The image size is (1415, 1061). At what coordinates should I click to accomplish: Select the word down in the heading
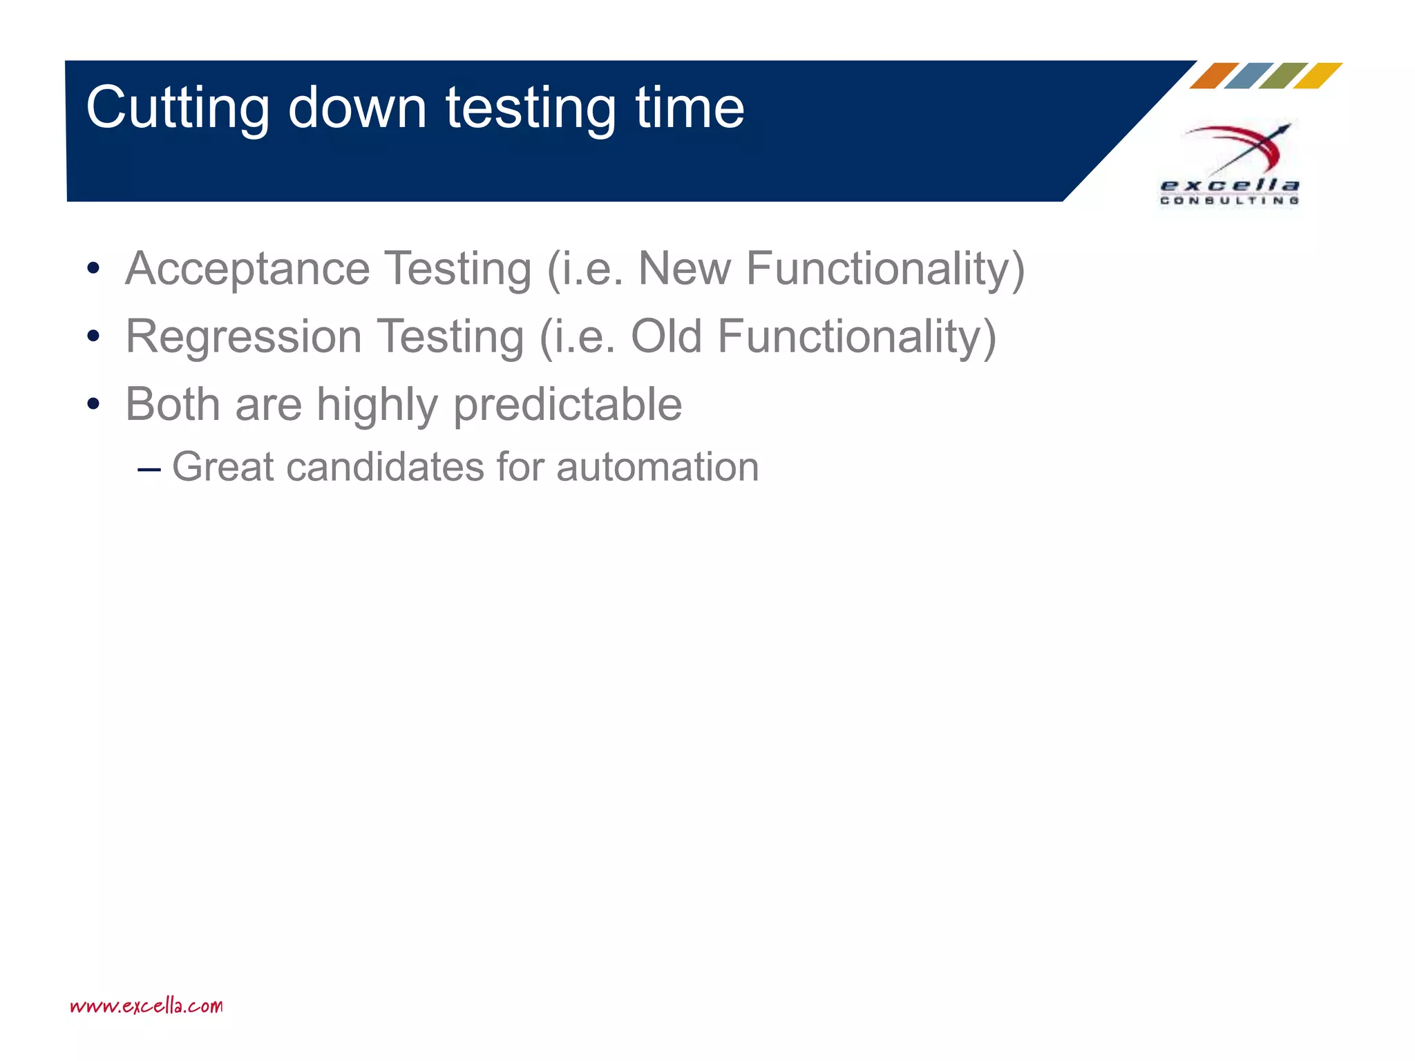click(x=357, y=108)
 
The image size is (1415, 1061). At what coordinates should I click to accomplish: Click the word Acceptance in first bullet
click(x=247, y=269)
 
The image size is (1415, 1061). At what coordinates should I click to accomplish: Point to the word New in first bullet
click(x=684, y=268)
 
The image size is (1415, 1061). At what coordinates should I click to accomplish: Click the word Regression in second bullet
click(x=243, y=337)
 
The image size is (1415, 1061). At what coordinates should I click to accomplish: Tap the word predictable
click(x=567, y=405)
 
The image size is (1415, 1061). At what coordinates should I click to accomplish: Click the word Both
click(x=172, y=404)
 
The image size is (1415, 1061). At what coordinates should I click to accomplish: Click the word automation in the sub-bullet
click(x=657, y=468)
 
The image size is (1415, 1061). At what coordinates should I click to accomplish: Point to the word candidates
click(x=385, y=468)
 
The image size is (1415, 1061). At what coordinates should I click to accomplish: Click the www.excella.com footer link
click(x=146, y=1006)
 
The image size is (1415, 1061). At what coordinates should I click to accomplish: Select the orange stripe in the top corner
click(x=1213, y=76)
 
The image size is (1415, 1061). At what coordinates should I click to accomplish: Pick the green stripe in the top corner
click(x=1282, y=76)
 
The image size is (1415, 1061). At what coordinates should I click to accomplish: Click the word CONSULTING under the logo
click(x=1229, y=201)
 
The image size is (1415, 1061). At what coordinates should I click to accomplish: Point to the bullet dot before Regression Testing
click(x=93, y=337)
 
